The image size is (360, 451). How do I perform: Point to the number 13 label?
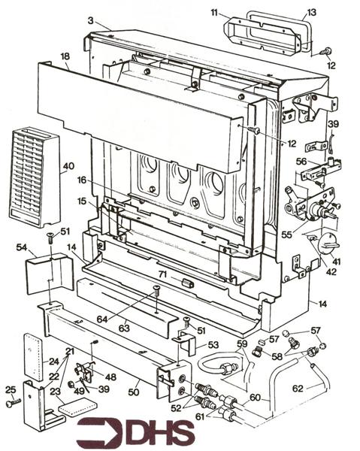tap(310, 13)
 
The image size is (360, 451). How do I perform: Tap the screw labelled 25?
tap(10, 389)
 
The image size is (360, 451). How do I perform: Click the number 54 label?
tap(21, 247)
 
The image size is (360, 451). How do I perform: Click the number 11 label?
tap(214, 13)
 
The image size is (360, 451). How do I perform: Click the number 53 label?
tap(213, 345)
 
